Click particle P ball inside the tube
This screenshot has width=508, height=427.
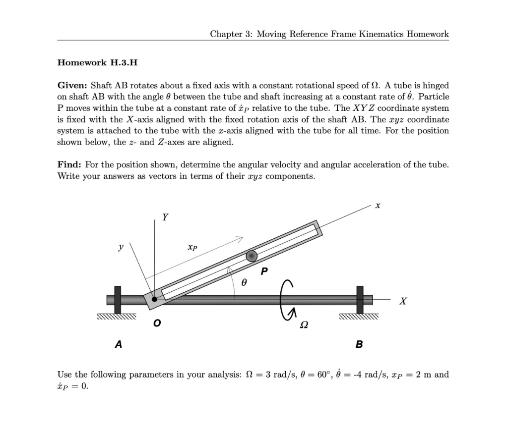tap(252, 256)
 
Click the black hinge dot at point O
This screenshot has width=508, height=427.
tap(155, 299)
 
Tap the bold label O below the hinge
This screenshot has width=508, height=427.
tap(157, 323)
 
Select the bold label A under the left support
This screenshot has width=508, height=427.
tap(118, 344)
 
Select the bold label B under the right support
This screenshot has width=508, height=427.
tap(359, 344)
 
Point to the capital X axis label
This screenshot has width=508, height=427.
tap(404, 300)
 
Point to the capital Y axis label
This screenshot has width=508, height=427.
tap(165, 217)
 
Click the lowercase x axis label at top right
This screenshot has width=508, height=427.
tap(378, 204)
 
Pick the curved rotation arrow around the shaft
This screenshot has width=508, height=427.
tap(288, 298)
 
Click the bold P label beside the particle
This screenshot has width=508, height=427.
tap(264, 271)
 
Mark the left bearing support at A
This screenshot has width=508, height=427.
tap(118, 300)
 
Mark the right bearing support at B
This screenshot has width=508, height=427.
tap(359, 300)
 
